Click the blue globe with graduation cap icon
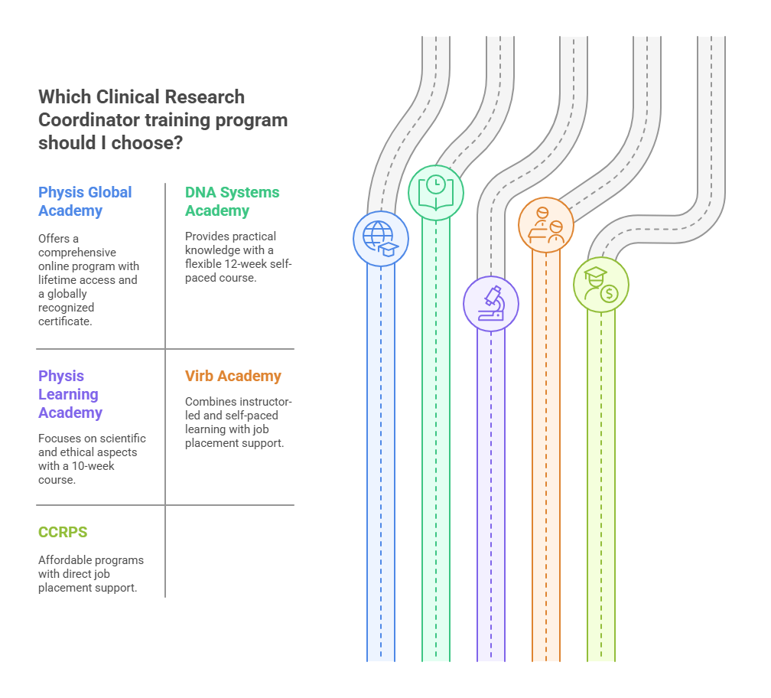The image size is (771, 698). pos(381,238)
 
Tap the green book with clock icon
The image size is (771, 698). pos(436,193)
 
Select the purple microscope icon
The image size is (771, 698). pos(491,304)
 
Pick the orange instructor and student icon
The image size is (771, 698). pos(546,224)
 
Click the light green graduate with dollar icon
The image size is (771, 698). pos(601,285)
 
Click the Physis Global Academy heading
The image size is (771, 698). pos(85,201)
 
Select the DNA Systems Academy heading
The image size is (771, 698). pos(232,201)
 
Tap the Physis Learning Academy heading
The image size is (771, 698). pos(70,394)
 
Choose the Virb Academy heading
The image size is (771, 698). pos(233,376)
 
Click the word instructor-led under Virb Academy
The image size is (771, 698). pos(256,402)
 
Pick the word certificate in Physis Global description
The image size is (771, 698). pos(65,321)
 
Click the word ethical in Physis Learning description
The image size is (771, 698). pos(77,452)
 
